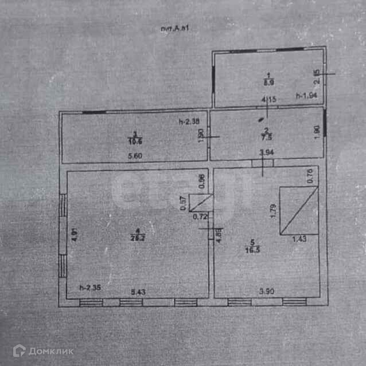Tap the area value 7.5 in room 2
point(264,137)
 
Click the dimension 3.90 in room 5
point(265,292)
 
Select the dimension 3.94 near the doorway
point(266,152)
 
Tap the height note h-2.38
point(188,121)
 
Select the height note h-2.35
point(89,288)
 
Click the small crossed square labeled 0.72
point(200,203)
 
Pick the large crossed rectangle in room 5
point(299,210)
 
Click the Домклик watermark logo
point(43,351)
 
